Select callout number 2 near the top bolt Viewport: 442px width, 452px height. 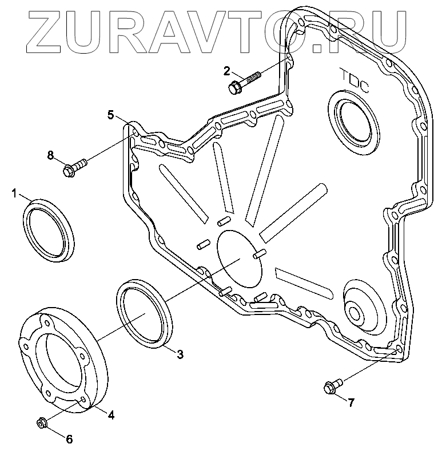coord(227,71)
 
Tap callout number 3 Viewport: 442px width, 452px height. coord(180,354)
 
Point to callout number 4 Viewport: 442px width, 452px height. coord(111,415)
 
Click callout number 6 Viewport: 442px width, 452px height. coord(69,439)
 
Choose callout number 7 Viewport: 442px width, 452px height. coord(351,402)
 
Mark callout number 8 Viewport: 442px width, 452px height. coord(50,154)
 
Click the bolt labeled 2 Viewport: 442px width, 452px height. coord(244,82)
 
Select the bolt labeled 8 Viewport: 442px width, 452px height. coord(74,166)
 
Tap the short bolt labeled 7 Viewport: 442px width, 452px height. coord(331,386)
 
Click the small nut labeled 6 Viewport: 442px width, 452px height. coord(42,423)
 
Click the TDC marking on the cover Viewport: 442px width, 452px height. coord(353,81)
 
